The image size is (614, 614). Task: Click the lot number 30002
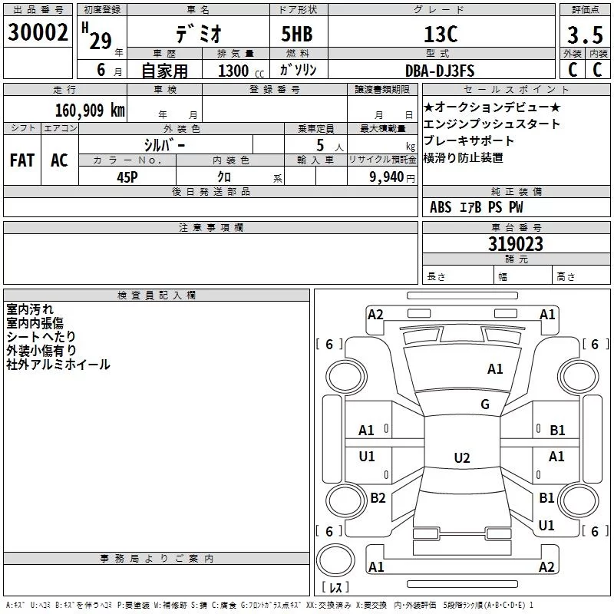[38, 32]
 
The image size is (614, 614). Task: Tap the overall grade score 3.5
[585, 35]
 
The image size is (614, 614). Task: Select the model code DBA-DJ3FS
[440, 71]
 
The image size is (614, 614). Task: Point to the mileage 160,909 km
[90, 110]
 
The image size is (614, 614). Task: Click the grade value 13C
[441, 35]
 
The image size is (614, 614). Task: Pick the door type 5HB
[297, 34]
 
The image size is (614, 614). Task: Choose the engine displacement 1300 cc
[241, 71]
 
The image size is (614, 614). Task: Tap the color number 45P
[127, 177]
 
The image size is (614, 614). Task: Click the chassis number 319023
[516, 244]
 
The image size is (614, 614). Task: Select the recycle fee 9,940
[387, 177]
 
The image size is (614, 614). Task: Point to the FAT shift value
[22, 160]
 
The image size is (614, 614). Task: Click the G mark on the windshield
[485, 404]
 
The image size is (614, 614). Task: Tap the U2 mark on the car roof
[462, 457]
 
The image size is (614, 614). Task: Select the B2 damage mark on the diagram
[378, 497]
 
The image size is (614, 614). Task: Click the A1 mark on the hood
[495, 369]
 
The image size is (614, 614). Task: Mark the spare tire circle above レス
[335, 560]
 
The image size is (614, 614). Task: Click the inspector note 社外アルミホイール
[58, 365]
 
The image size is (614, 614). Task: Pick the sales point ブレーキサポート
[468, 140]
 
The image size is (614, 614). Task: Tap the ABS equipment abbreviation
[441, 207]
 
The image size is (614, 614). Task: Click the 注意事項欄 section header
[211, 227]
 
